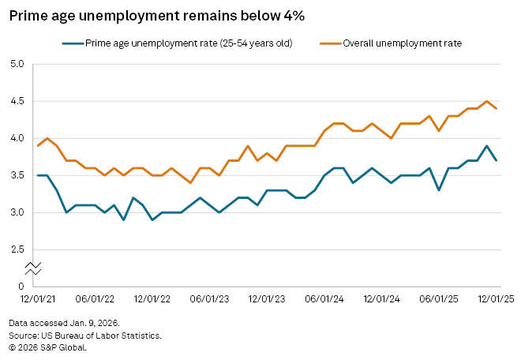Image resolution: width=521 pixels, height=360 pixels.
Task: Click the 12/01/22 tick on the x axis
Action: (152, 299)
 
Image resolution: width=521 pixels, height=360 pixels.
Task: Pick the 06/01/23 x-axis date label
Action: (210, 299)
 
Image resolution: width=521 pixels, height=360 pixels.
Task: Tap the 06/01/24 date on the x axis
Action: (325, 299)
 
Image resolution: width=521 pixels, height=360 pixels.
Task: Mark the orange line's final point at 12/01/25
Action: (495, 109)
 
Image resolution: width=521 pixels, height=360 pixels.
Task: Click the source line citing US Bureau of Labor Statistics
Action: (85, 336)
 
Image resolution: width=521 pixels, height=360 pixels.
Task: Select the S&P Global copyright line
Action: (48, 347)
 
